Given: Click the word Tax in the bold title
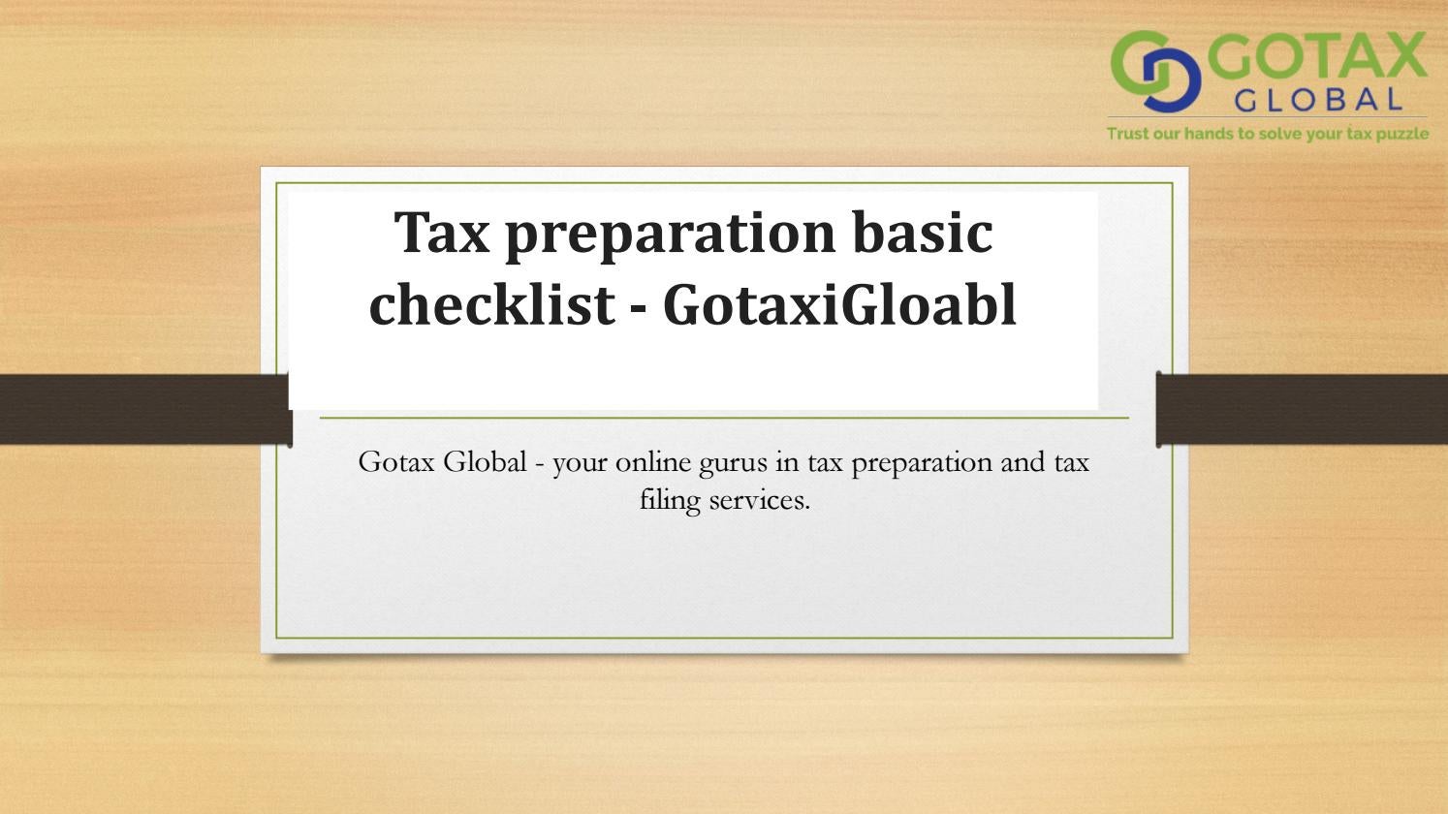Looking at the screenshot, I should (442, 234).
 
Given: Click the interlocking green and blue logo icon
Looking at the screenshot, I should (1154, 71).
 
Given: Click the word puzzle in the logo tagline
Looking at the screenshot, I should (1401, 134).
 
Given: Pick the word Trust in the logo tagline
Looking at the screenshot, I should (1128, 134).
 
